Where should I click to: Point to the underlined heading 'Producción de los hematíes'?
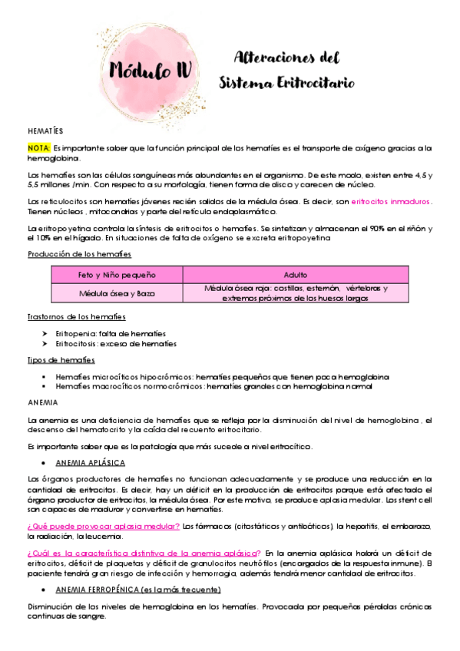(79, 254)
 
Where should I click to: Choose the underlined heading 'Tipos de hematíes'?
(61, 360)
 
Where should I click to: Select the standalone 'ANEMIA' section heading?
(42, 402)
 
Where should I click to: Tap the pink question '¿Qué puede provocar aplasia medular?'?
(103, 525)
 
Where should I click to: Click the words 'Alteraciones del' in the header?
(286, 58)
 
